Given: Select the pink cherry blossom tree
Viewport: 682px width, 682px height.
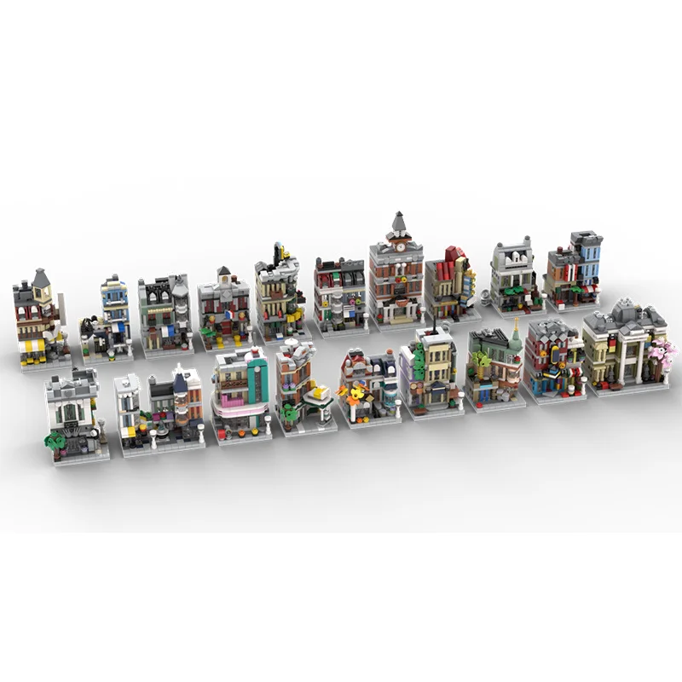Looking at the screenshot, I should click(662, 350).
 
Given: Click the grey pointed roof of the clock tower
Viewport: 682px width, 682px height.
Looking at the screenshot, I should click(397, 223).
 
